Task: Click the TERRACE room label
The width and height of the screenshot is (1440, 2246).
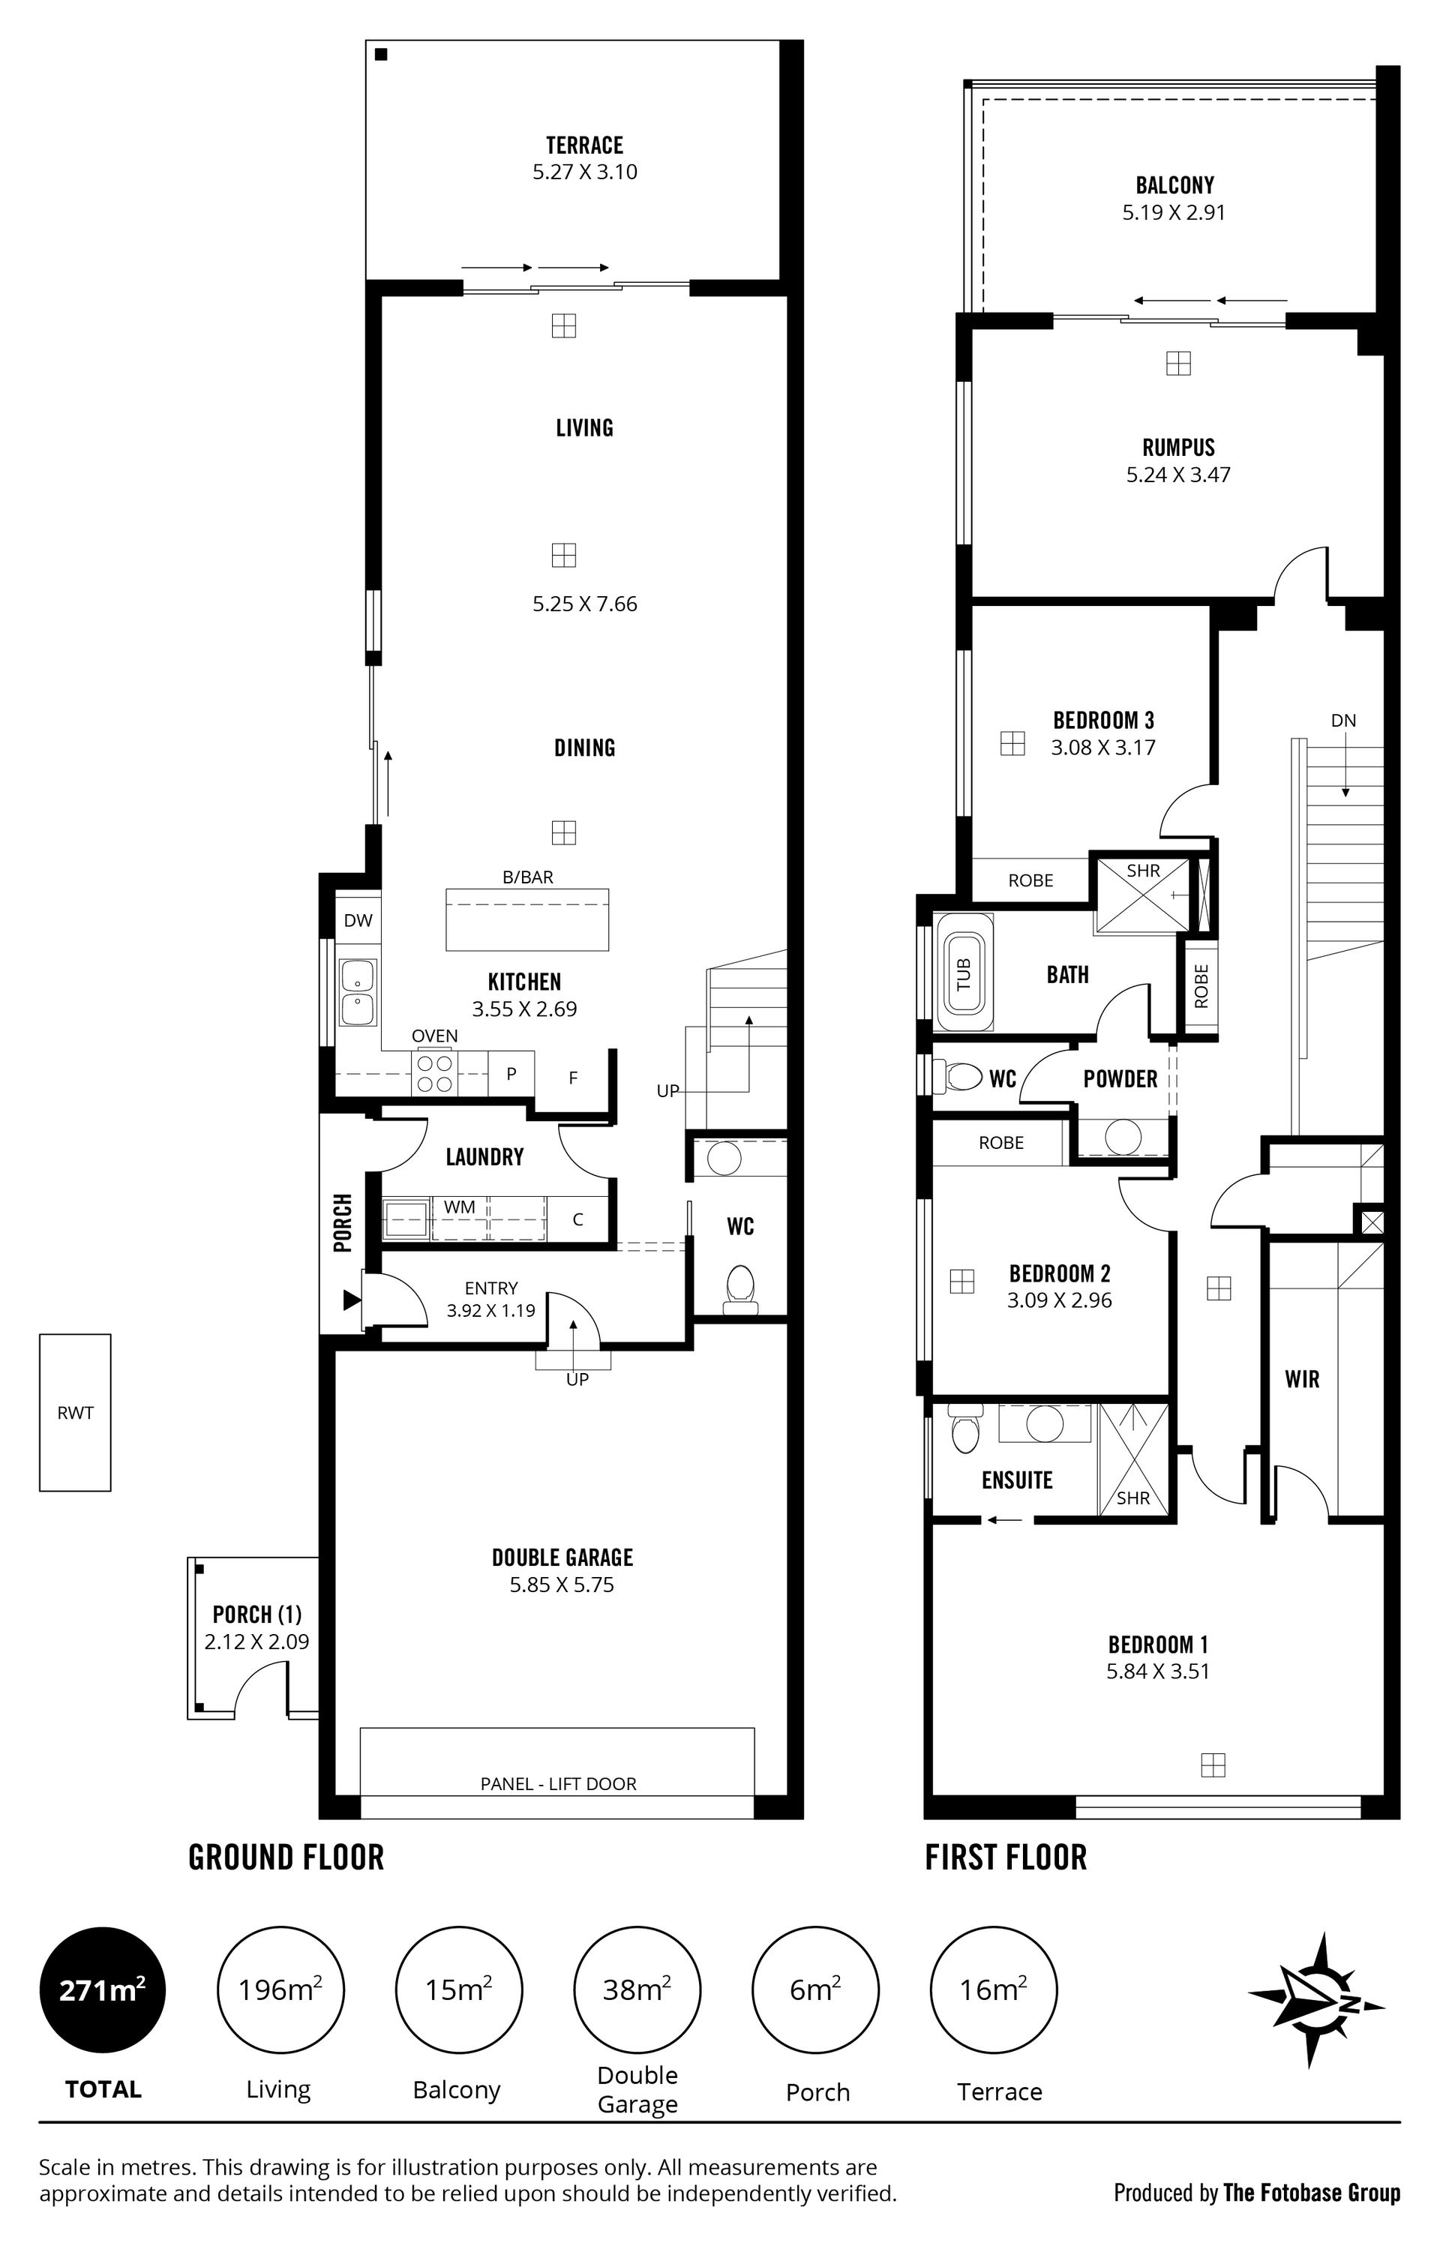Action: [584, 145]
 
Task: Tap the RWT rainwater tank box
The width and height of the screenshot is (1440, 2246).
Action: [75, 1412]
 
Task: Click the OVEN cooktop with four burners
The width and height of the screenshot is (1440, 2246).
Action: [433, 1073]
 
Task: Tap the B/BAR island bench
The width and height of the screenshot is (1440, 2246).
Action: [527, 919]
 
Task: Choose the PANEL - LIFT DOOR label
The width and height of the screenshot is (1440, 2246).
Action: [558, 1783]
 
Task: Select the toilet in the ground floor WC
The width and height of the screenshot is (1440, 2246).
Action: [739, 1291]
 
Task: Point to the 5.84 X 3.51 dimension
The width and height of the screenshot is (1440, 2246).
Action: [1157, 1671]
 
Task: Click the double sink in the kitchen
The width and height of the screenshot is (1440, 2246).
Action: [358, 993]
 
